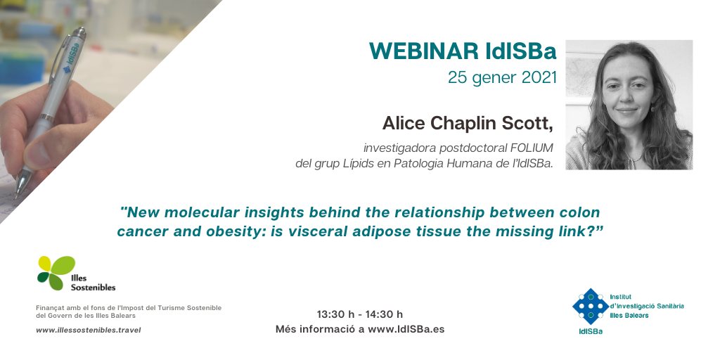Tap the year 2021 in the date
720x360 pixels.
539,77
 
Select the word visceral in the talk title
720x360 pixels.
316,231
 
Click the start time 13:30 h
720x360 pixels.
335,314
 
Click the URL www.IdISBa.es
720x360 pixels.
406,329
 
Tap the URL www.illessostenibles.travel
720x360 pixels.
88,330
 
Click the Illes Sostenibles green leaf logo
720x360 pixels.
56,273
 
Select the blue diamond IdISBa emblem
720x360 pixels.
590,307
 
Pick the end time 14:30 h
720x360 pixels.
384,314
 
